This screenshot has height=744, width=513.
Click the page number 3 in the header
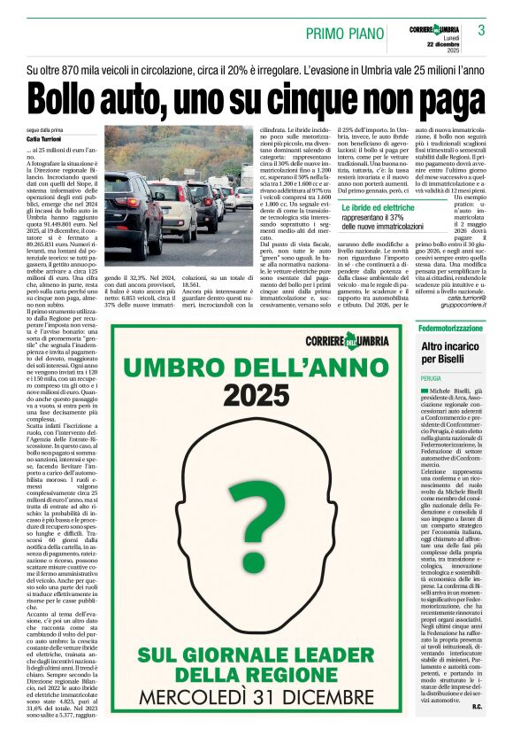point(482,31)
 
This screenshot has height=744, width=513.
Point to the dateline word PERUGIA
point(432,376)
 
